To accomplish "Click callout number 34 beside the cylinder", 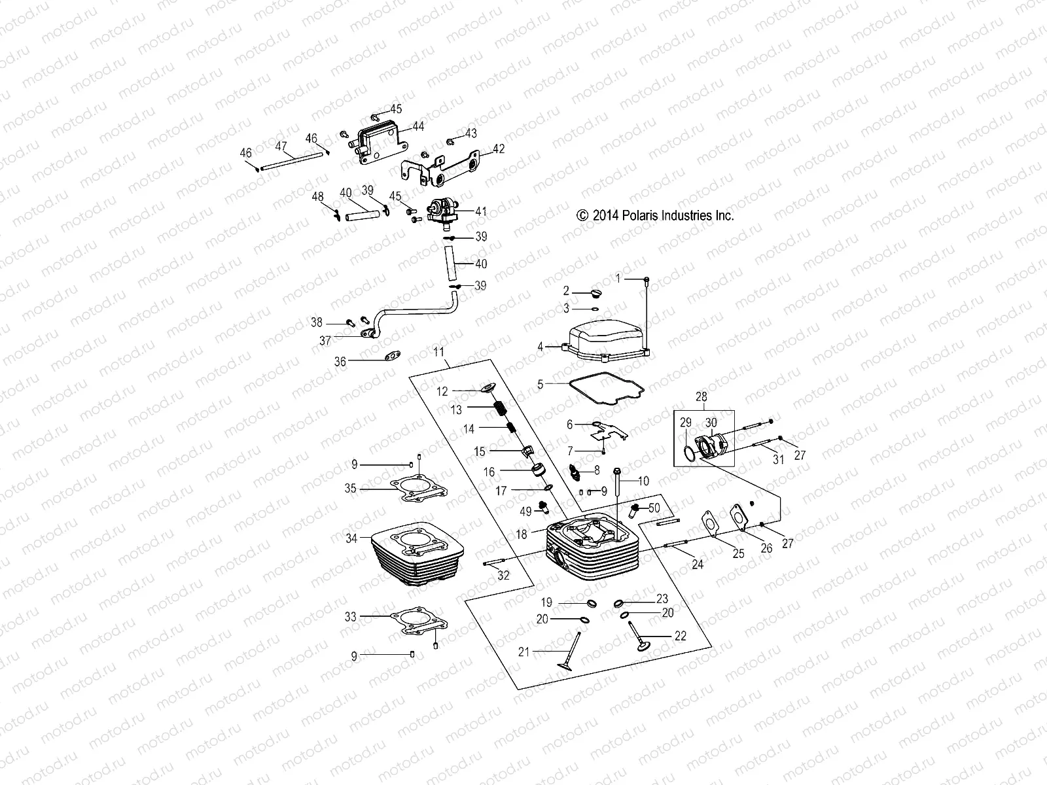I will click(352, 538).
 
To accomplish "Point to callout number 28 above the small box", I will click(701, 396).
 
